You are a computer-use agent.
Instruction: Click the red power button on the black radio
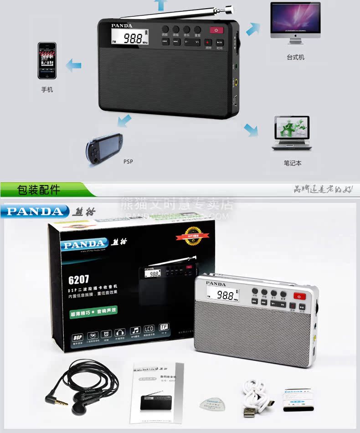pos(216,31)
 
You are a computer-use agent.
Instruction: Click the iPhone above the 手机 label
pos(47,61)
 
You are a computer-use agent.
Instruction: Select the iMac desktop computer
pos(295,23)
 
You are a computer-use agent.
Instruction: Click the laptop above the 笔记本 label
pos(292,133)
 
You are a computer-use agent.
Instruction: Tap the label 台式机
pos(295,57)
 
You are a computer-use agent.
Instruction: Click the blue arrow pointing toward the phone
pos(73,64)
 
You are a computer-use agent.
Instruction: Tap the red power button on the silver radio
pos(299,296)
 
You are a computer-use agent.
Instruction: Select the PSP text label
pos(128,161)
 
